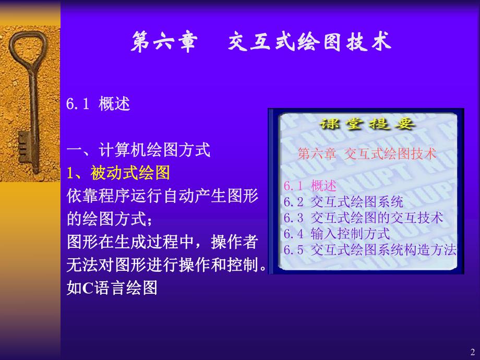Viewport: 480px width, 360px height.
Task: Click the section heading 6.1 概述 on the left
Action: [x=98, y=104]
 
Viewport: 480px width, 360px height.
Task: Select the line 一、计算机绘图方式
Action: [x=138, y=151]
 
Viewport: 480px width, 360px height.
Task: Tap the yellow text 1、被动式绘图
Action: [x=118, y=172]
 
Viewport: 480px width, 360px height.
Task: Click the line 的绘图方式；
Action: [x=110, y=219]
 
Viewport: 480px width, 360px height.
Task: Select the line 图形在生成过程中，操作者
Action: [x=162, y=242]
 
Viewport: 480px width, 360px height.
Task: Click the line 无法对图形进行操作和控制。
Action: [x=167, y=265]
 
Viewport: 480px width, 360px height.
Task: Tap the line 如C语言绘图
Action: [x=112, y=288]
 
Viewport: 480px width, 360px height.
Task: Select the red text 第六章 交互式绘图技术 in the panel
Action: [x=366, y=154]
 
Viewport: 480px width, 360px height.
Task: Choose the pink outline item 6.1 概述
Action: [x=310, y=186]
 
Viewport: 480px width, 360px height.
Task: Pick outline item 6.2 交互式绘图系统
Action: [x=343, y=202]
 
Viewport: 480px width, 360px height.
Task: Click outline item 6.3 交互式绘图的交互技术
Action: [x=363, y=218]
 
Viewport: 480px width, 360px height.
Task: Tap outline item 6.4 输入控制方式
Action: [x=337, y=233]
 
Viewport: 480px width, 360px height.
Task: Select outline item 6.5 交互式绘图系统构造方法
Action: [x=370, y=249]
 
